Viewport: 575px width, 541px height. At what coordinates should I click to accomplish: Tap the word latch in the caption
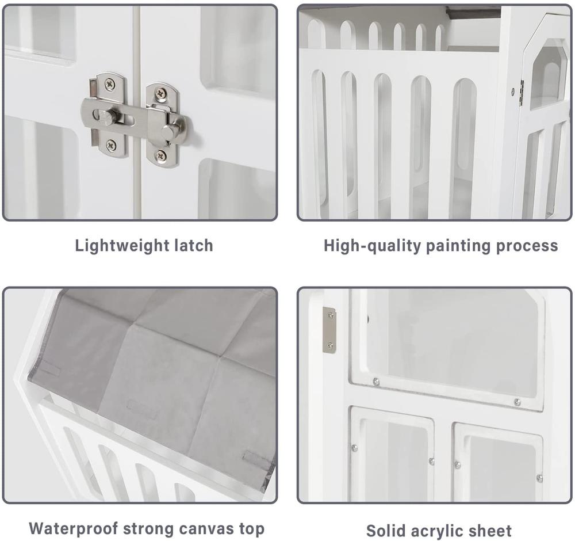tap(193, 245)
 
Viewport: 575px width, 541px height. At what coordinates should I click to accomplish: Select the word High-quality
tap(372, 246)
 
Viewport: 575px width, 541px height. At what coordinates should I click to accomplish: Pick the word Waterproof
tap(74, 529)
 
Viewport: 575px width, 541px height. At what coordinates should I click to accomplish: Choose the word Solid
tap(386, 531)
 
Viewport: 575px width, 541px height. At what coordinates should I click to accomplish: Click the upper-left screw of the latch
tap(110, 85)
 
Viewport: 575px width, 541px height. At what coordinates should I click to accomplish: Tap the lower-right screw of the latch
tap(160, 155)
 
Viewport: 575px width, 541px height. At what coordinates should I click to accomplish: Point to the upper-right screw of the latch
tap(160, 93)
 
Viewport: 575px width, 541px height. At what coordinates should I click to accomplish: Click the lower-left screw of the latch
tap(110, 146)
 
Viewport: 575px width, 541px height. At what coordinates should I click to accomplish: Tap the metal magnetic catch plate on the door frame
tap(329, 330)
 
